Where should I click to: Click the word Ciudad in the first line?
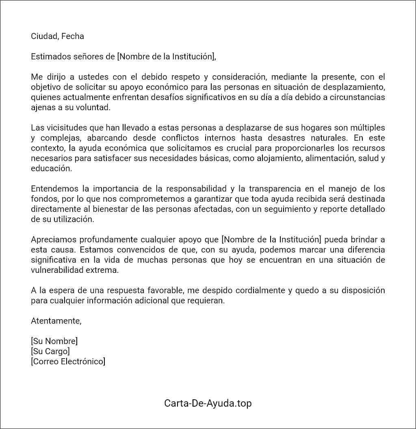point(44,36)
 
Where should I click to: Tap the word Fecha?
point(73,36)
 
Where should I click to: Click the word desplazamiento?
point(353,87)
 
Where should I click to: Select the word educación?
point(51,168)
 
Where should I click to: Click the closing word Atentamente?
point(56,321)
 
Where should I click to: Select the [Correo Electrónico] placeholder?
point(68,361)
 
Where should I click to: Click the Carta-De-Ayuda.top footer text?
point(208,403)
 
